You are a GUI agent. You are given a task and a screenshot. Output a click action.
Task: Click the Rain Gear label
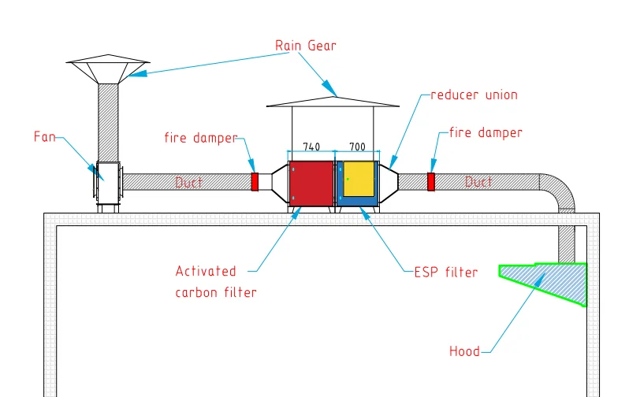click(305, 46)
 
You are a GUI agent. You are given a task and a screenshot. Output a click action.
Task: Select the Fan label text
click(45, 136)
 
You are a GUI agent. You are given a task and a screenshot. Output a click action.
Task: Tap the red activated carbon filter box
click(311, 183)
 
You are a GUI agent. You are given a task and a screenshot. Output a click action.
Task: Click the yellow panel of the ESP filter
click(359, 178)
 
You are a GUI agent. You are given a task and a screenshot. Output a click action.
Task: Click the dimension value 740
click(311, 147)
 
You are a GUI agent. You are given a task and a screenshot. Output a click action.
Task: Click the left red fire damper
click(255, 182)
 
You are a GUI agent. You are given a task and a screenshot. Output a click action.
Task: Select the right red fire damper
click(431, 182)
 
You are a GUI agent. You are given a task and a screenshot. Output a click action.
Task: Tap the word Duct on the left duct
click(188, 183)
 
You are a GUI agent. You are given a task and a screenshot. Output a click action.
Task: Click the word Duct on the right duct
click(478, 182)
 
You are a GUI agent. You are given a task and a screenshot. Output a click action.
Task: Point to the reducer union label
click(474, 95)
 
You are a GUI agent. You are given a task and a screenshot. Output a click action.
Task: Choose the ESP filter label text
click(445, 273)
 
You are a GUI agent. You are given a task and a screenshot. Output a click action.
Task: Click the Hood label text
click(463, 351)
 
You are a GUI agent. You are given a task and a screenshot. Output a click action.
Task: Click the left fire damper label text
click(200, 138)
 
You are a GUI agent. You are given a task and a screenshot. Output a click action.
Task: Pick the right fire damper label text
click(485, 133)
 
